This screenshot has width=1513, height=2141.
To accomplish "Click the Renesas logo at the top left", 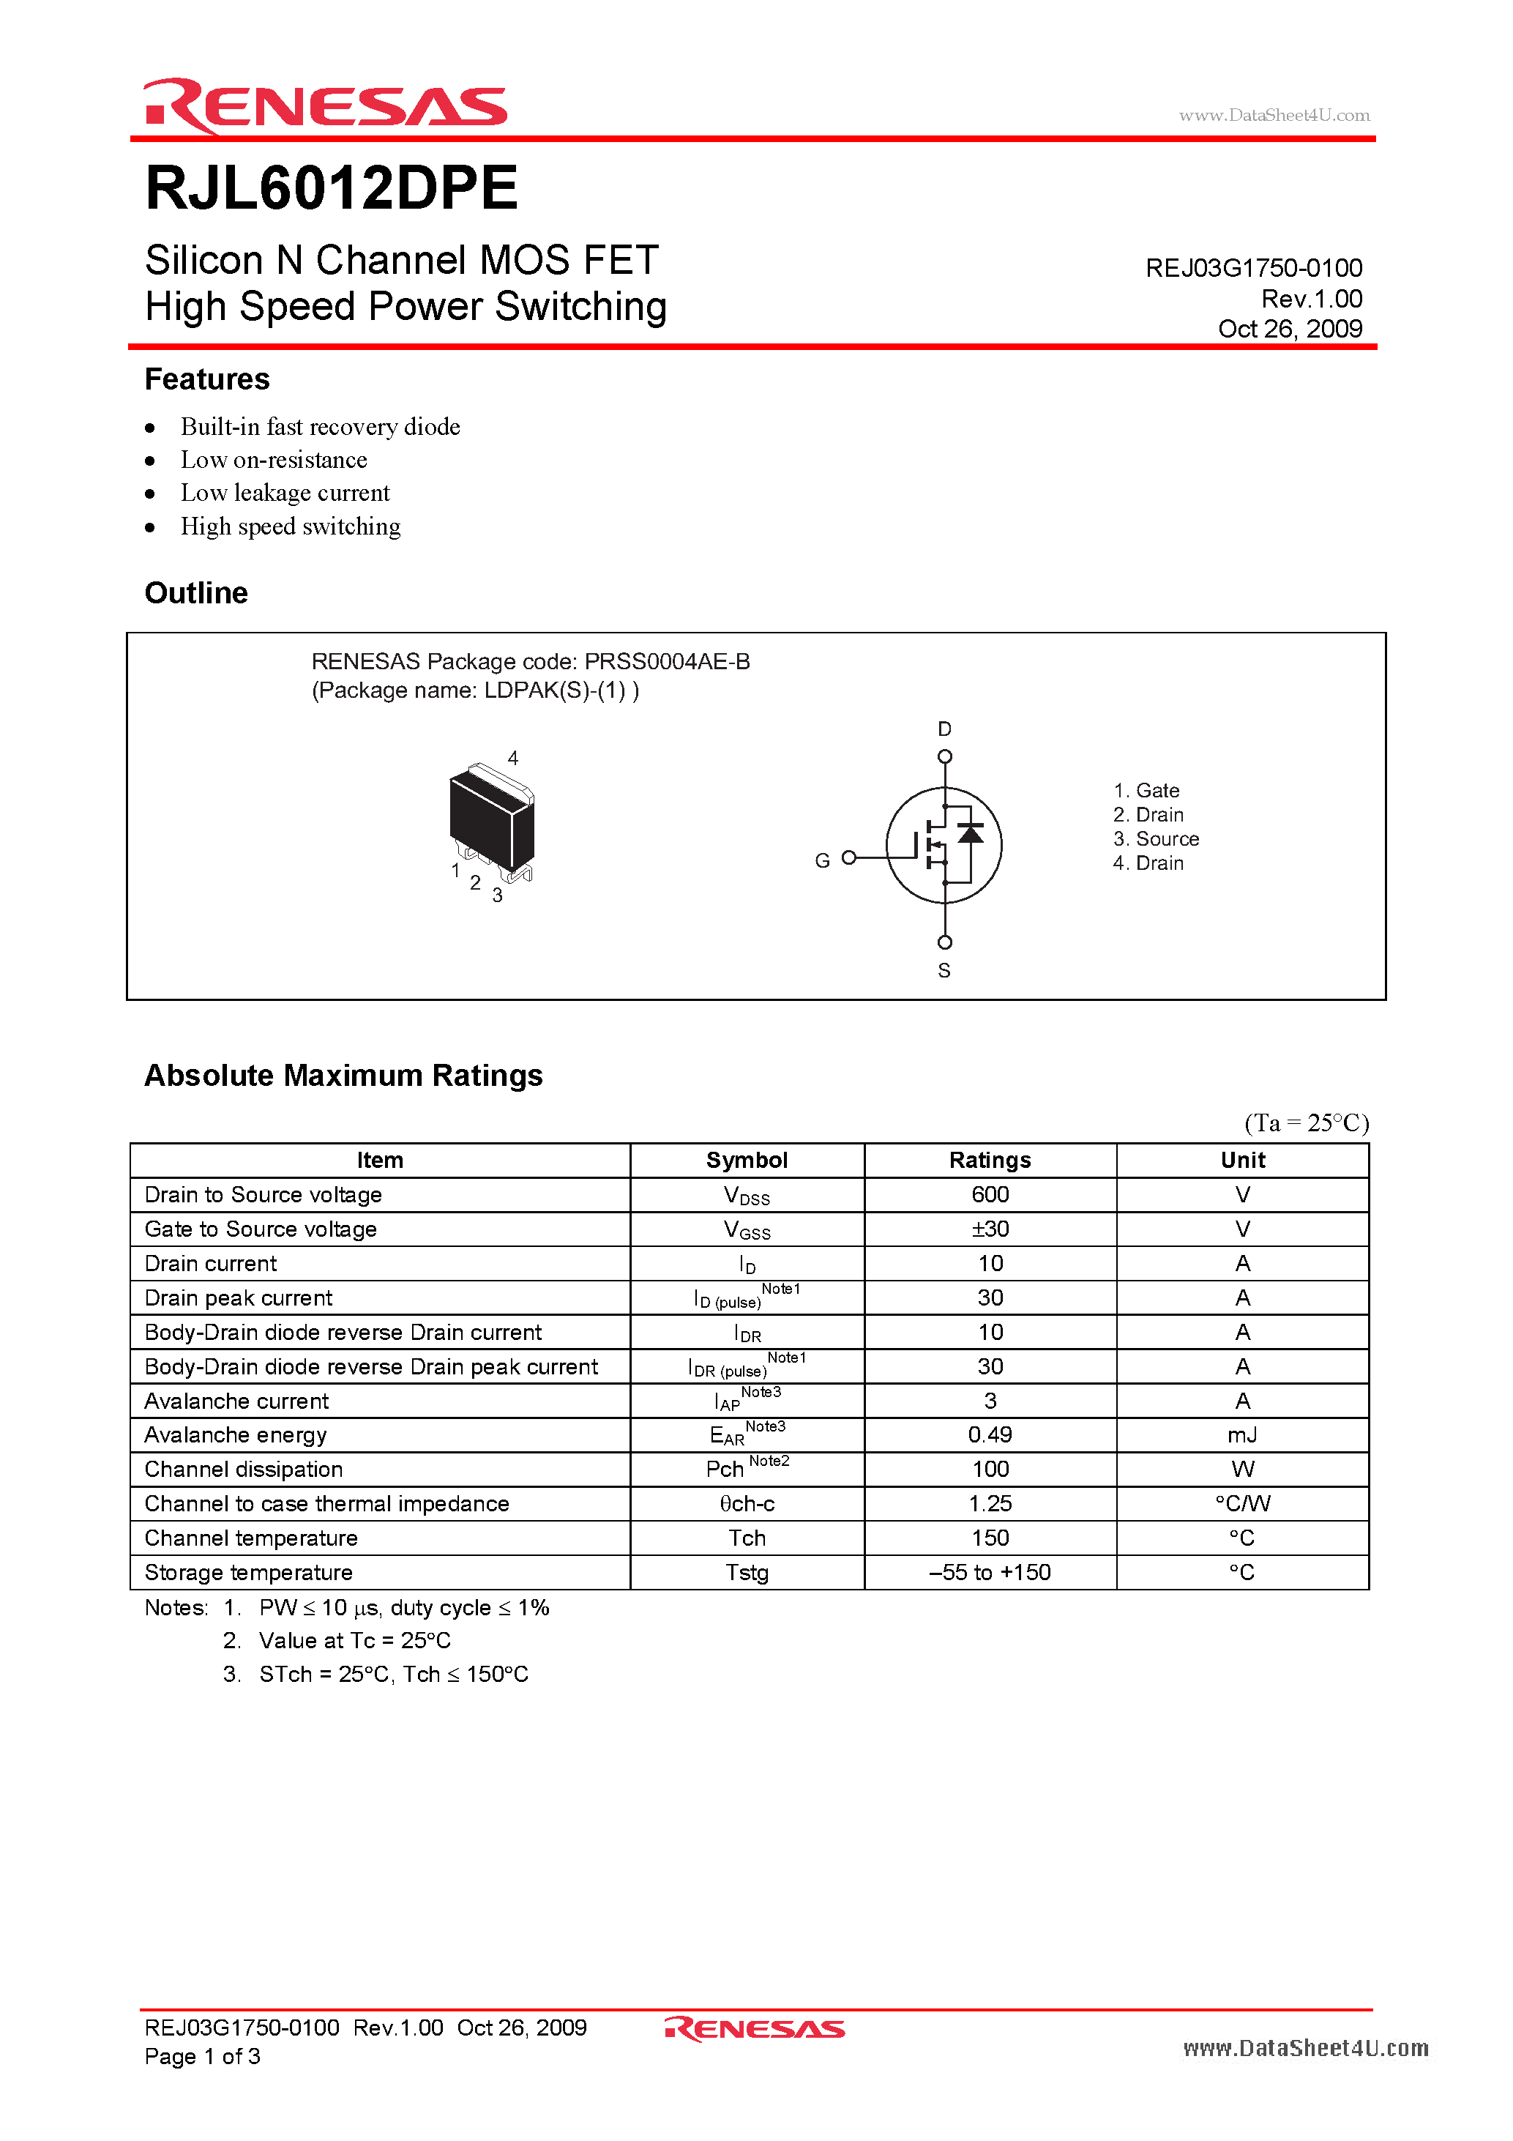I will point(324,105).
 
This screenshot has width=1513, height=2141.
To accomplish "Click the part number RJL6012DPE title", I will point(331,188).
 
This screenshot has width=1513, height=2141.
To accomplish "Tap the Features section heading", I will point(207,379).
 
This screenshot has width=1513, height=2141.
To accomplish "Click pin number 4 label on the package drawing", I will point(512,758).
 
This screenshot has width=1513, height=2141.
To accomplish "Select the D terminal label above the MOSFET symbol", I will point(944,729).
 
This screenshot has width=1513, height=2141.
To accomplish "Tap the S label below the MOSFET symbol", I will point(944,971).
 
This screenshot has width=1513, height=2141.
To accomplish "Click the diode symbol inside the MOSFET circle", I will point(971,833).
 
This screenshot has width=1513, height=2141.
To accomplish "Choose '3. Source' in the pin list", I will point(1156,839).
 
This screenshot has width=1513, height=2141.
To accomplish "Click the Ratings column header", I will point(990,1160).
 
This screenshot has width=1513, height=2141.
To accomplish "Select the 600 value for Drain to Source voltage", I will point(990,1194).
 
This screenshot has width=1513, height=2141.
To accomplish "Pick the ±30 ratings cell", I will point(990,1229).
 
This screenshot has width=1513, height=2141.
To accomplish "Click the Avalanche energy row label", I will point(236,1435).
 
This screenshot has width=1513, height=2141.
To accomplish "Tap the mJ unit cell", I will point(1241,1435).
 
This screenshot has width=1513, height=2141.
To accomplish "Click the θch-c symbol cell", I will point(747,1504).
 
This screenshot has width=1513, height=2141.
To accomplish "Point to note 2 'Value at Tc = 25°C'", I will point(354,1640).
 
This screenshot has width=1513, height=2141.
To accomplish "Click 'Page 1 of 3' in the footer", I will point(202,2056).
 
